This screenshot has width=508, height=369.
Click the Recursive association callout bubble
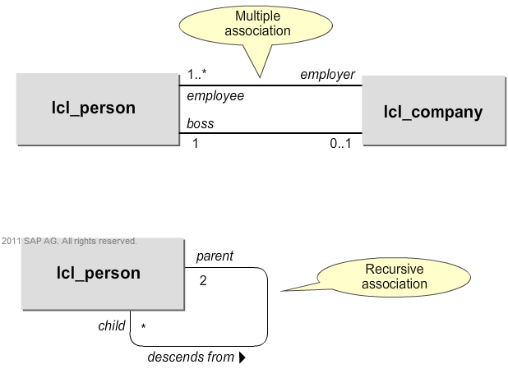(397, 277)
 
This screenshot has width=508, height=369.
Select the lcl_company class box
(432, 112)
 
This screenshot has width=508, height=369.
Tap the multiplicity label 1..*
(198, 75)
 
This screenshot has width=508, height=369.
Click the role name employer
(327, 75)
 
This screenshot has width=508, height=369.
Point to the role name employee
(215, 96)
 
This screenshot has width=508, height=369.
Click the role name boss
(201, 124)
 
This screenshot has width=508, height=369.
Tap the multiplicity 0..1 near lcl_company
(340, 144)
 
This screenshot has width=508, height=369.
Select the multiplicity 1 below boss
(196, 144)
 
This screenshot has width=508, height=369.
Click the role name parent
(215, 256)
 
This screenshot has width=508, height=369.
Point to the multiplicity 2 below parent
(203, 280)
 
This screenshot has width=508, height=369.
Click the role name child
(112, 326)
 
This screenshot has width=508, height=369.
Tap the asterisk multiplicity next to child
(143, 329)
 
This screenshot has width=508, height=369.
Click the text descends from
(191, 357)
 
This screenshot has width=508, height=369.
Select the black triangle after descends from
(242, 357)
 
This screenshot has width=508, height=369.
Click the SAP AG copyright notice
(69, 242)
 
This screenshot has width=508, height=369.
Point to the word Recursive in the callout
(397, 270)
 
